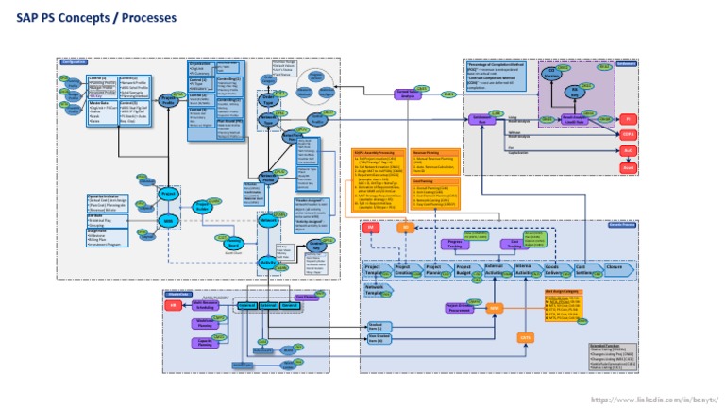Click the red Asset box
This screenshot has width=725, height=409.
click(627, 167)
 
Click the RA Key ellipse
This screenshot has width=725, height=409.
click(572, 92)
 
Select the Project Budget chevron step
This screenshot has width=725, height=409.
click(464, 270)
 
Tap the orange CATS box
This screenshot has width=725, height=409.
click(526, 337)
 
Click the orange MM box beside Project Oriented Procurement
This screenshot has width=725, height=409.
click(493, 308)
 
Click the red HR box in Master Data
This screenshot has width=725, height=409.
click(174, 306)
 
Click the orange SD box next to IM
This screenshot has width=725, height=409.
click(403, 229)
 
